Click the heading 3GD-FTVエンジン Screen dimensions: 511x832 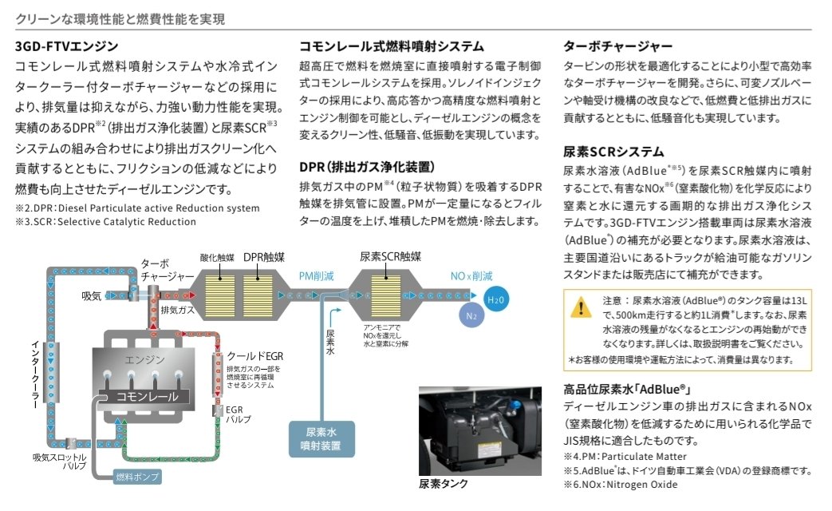click(67, 46)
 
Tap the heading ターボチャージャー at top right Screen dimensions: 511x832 click(617, 46)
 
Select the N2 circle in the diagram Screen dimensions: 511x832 click(470, 314)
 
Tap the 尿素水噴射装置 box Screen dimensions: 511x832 click(321, 437)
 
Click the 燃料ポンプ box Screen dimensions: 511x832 click(138, 477)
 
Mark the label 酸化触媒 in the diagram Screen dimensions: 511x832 click(218, 257)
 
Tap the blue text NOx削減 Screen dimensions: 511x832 click(471, 276)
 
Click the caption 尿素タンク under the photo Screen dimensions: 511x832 click(444, 483)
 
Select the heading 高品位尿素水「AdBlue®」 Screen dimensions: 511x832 click(625, 390)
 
